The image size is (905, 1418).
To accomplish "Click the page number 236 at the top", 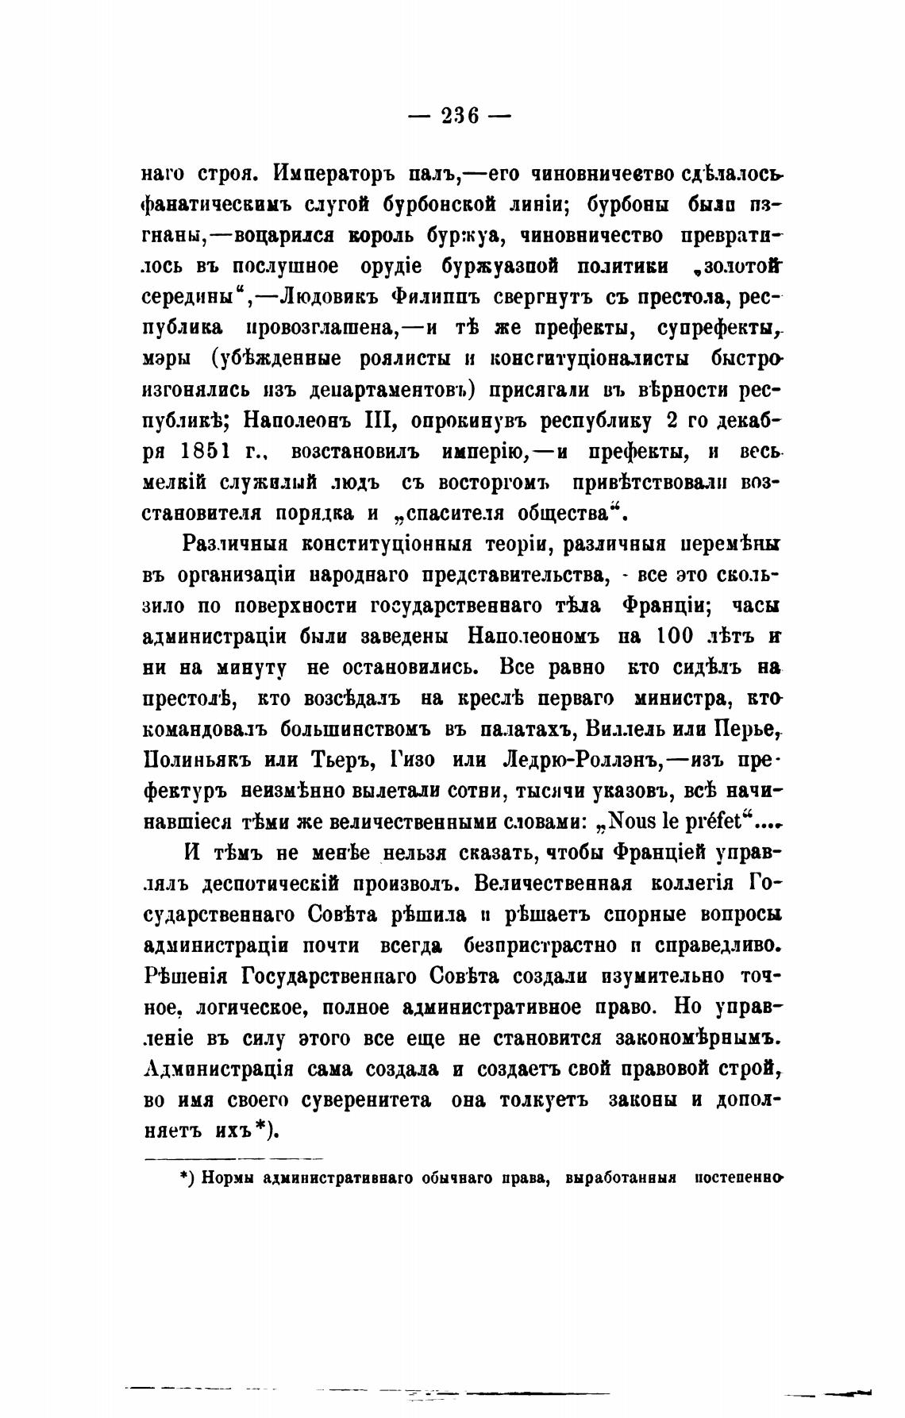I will point(459,117).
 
